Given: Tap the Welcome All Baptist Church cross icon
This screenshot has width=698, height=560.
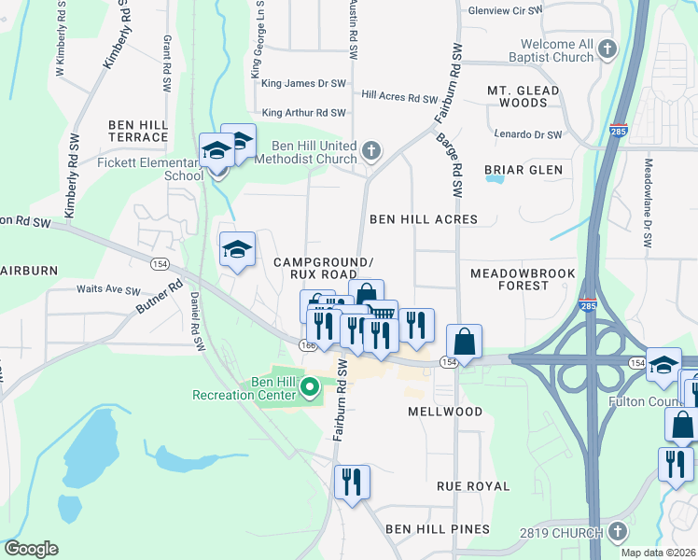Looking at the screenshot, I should point(607,49).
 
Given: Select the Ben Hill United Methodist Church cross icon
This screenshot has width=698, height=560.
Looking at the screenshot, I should point(371,150).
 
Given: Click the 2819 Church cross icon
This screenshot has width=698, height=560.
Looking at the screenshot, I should point(617,532).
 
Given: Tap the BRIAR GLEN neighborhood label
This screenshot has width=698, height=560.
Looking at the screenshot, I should point(523,170).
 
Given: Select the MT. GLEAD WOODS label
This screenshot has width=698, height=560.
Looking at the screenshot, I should point(523,96).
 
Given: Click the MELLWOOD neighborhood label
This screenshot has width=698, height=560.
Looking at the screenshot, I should point(444,412).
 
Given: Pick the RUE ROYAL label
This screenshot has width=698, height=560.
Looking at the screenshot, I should point(474,486).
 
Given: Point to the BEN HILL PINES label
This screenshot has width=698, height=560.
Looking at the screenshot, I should point(438,529).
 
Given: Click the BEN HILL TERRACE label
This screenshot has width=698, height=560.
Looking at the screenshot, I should point(137,131).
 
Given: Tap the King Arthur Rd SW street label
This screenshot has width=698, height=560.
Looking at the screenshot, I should point(304,113).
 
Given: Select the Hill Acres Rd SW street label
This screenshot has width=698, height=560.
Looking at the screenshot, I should point(399,98).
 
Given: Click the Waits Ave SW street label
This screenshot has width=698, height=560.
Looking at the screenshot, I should point(108,290).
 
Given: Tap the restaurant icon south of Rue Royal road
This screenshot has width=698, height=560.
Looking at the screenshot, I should point(352,483).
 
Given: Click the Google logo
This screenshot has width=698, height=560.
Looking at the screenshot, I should point(31,549).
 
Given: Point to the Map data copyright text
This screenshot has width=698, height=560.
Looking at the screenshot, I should point(658,553).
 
